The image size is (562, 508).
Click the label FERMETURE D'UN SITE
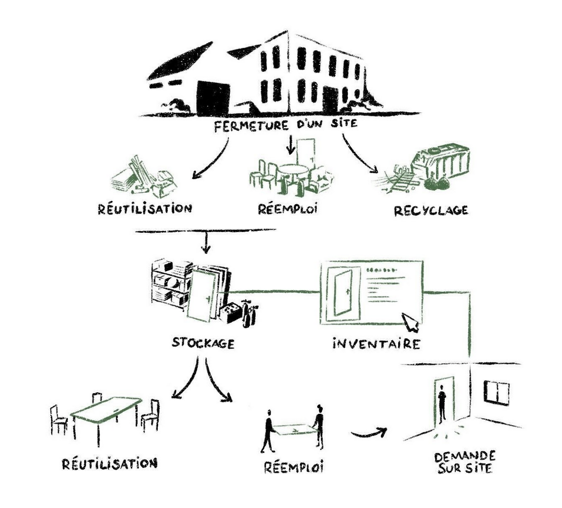pos(285,125)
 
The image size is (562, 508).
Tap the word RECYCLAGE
pos(430,211)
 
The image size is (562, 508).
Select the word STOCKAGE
pos(203,342)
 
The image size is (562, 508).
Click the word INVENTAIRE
pos(376,343)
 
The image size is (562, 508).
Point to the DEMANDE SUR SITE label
pos(465,462)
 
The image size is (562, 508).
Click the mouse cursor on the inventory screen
pos(411,322)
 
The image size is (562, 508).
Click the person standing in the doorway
pos(442,401)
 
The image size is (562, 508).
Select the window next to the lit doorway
pos(496,392)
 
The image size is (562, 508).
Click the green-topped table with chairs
pos(106,409)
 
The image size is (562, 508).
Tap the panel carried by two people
pos(293,429)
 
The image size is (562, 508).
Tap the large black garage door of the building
pos(214,99)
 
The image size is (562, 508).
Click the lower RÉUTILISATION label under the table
pos(110,464)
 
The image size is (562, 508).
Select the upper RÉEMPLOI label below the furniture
pos(288,209)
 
